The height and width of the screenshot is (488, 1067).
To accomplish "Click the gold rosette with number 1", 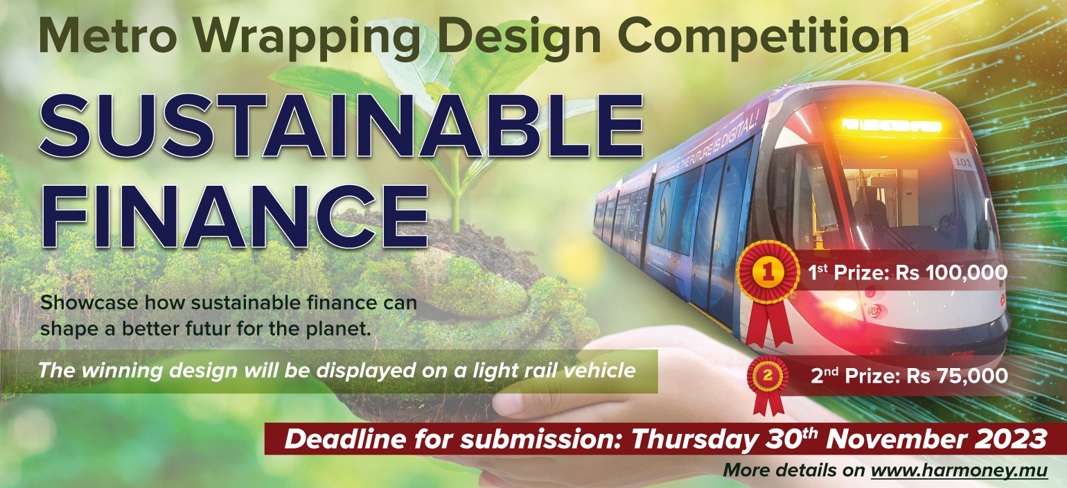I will point(768,274).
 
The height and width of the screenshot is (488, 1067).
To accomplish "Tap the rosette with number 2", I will point(768,377).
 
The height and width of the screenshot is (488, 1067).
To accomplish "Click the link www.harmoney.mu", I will point(959,470).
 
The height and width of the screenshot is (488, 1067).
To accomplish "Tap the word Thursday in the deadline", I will point(699,439).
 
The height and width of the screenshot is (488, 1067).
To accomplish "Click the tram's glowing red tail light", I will point(845,304).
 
